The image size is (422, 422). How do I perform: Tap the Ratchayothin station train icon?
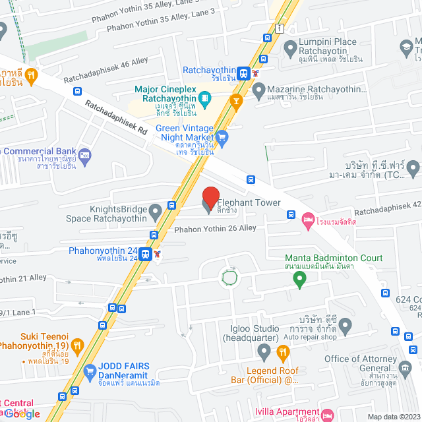243,73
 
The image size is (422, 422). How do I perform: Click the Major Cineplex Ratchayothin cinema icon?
205,100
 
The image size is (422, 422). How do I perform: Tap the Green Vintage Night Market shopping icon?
222,137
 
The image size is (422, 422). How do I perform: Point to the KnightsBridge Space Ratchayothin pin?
156,212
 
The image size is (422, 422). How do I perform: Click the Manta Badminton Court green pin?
299,280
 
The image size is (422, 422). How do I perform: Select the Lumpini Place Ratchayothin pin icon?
290,48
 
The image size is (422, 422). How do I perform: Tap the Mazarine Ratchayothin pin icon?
258,89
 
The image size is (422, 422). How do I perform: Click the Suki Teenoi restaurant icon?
77,345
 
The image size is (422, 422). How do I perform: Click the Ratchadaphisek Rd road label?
115,117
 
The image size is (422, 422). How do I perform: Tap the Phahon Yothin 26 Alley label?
215,228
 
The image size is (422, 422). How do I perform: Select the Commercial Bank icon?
84,156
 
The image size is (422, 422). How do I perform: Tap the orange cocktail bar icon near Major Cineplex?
234,101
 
